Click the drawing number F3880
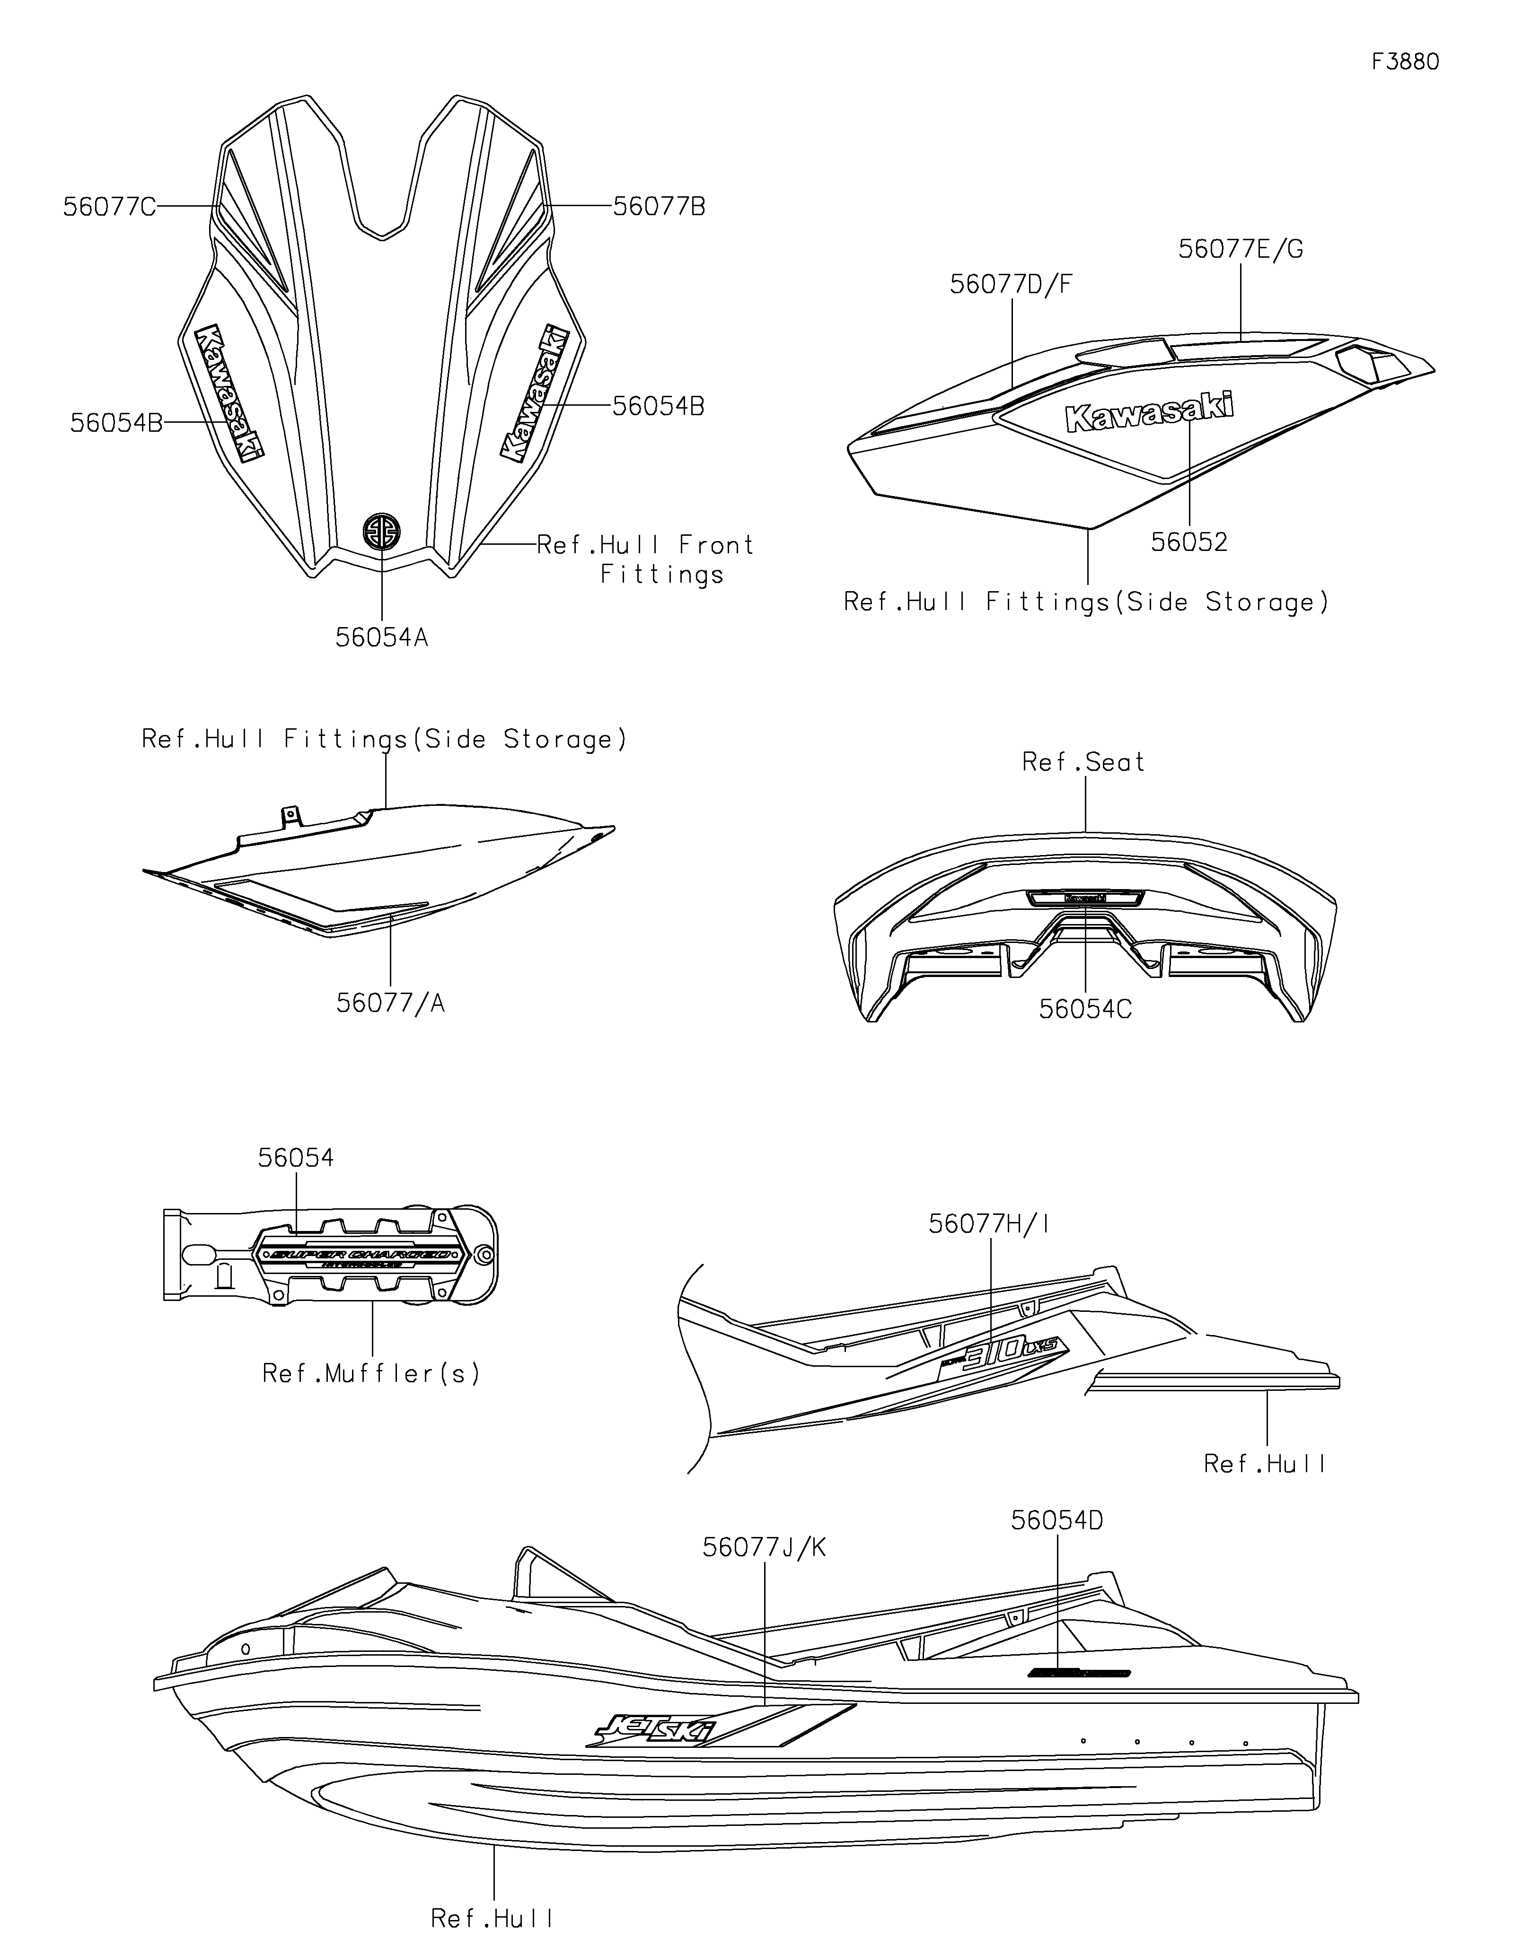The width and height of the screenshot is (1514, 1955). coord(1405,62)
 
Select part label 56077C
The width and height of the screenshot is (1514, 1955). coord(109,207)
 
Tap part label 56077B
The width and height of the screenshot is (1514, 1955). coord(659,207)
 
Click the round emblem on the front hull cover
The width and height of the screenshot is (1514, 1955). coord(381,532)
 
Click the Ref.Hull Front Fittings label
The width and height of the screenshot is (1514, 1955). coord(645,559)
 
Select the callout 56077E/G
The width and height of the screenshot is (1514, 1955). coord(1240,249)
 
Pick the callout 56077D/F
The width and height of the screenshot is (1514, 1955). coord(1011,285)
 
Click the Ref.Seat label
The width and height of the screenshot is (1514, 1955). coord(1083,762)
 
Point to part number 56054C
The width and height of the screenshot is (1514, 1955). coord(1085,1009)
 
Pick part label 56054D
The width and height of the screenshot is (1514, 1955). coord(1056,1521)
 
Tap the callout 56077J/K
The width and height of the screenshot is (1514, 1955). coord(764,1548)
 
